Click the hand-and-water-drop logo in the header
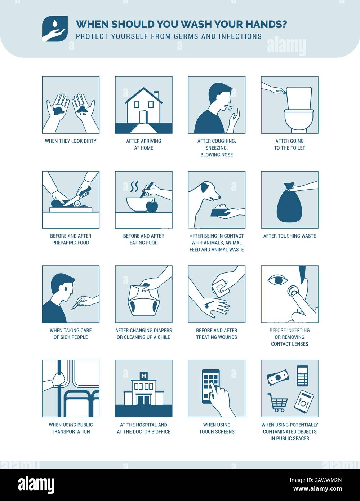(x=55, y=29)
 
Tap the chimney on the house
(x=156, y=95)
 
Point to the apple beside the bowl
(x=152, y=206)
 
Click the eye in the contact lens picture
(x=278, y=280)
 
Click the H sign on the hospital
(x=144, y=376)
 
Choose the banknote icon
(x=278, y=377)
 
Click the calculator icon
(x=303, y=376)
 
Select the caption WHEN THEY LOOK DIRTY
(x=71, y=141)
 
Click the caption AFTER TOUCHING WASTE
(x=290, y=236)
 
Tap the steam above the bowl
(x=134, y=187)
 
